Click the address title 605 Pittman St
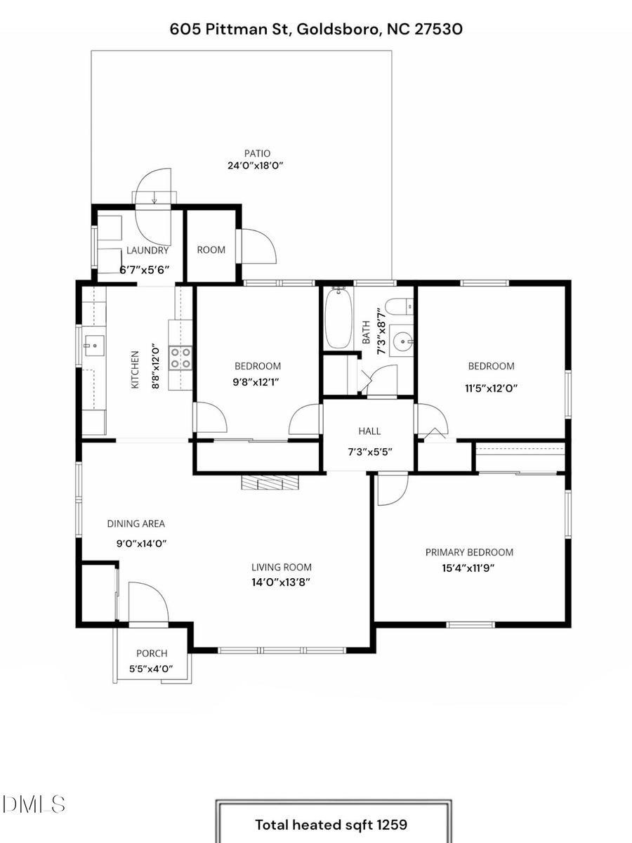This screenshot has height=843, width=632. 316,29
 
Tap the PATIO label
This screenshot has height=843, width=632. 257,153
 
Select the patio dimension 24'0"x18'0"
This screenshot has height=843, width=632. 257,166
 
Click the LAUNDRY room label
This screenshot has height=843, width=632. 147,250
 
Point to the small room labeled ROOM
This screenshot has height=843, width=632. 211,250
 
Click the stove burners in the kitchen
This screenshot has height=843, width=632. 180,358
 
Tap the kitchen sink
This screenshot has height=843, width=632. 93,344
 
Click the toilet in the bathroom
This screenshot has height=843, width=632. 400,306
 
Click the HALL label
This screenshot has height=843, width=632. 369,431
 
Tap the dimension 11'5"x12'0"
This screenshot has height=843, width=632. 491,387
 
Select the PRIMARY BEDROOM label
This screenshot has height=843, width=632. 469,552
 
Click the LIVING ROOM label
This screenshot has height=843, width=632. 282,567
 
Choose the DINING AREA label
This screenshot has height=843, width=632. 136,523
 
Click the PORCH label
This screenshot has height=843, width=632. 152,653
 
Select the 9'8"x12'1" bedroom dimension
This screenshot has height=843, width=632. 257,383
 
